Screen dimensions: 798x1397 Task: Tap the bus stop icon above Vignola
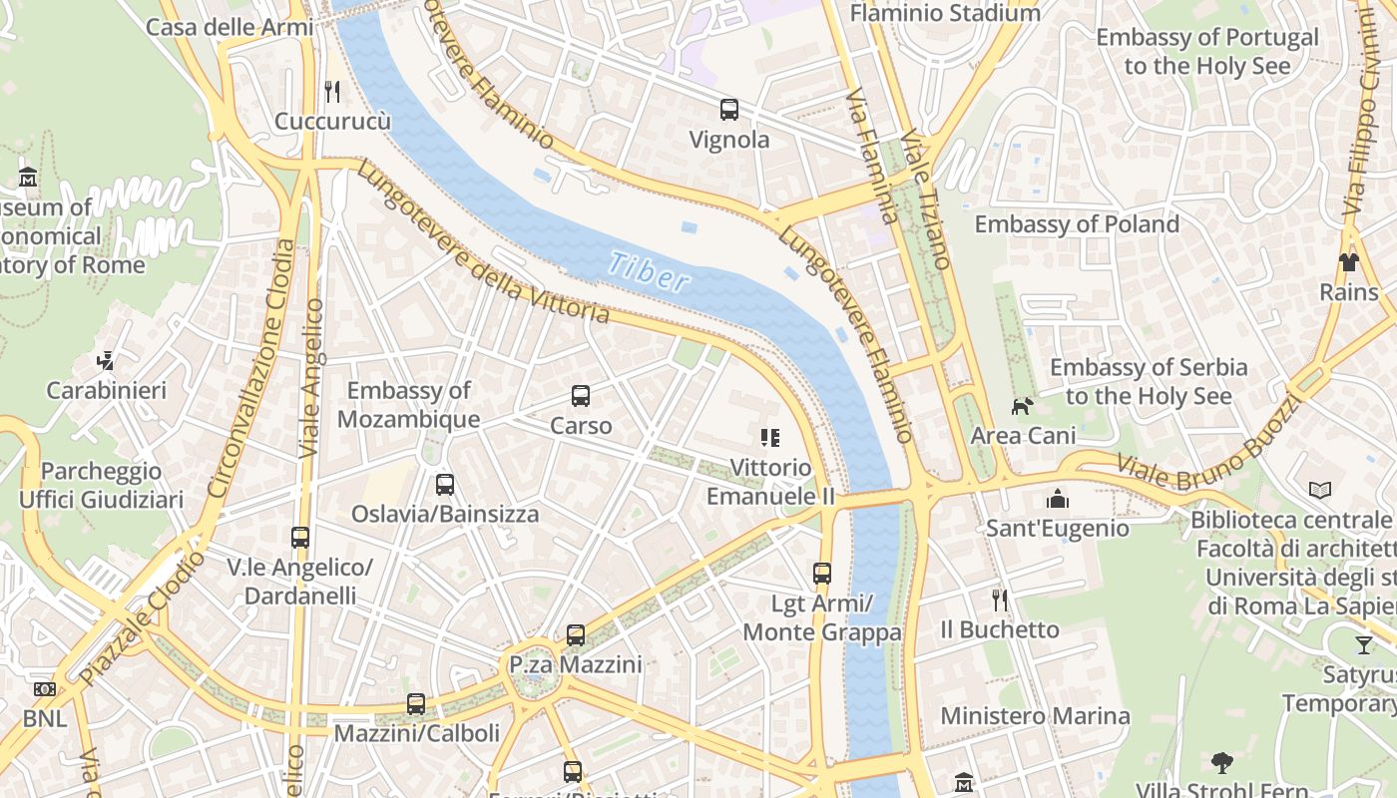coord(729,110)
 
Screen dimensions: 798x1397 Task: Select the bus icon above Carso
coord(581,396)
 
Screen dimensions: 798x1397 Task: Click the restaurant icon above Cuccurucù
coord(332,92)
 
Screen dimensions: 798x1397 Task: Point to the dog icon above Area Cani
coord(1023,406)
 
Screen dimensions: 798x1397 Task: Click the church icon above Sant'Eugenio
coord(1057,499)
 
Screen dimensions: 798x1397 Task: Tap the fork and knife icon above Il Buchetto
coord(1000,599)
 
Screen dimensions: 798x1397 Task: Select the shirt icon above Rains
coord(1349,262)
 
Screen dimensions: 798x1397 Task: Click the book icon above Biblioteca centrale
coord(1320,490)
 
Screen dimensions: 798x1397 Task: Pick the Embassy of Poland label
coord(1077,223)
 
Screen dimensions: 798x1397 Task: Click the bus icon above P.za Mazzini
coord(576,635)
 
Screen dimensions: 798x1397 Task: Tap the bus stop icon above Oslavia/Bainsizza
coord(445,485)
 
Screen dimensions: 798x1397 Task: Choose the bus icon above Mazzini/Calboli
coord(416,704)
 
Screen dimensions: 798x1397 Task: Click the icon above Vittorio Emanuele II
coord(769,437)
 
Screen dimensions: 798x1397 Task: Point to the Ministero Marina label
coord(1035,716)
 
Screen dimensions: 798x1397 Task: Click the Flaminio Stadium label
coord(944,13)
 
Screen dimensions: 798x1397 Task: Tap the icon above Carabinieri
coord(106,360)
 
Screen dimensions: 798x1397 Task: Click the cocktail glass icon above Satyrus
coord(1363,645)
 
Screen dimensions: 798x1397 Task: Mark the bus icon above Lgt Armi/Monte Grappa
coord(822,574)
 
